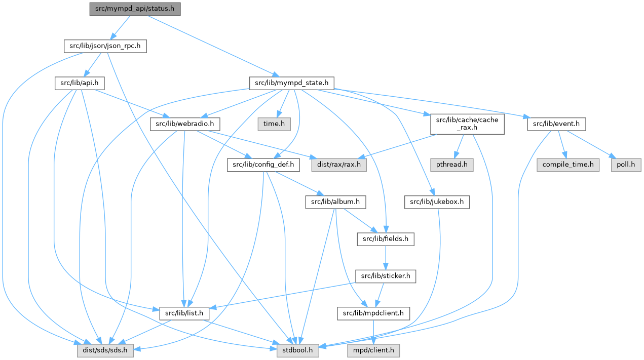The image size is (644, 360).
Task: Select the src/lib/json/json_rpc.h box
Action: click(105, 46)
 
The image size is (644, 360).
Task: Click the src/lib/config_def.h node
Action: click(263, 165)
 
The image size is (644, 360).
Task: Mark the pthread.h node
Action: click(452, 165)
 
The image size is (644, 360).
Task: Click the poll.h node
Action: click(620, 165)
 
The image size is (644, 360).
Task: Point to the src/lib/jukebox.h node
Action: click(437, 202)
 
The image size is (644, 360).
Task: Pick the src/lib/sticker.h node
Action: click(386, 276)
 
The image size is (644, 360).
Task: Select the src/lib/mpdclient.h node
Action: click(373, 313)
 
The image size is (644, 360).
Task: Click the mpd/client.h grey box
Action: click(373, 350)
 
